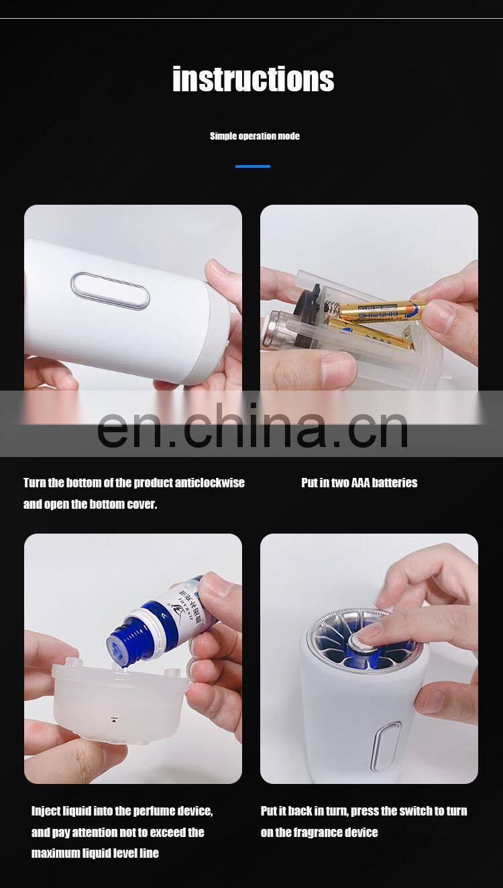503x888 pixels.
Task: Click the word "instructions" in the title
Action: click(x=253, y=79)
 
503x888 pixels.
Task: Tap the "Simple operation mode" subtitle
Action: click(x=254, y=136)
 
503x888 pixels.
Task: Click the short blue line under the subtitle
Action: click(x=252, y=166)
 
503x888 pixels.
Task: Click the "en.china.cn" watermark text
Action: click(x=252, y=427)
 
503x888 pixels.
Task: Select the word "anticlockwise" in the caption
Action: click(x=209, y=483)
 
